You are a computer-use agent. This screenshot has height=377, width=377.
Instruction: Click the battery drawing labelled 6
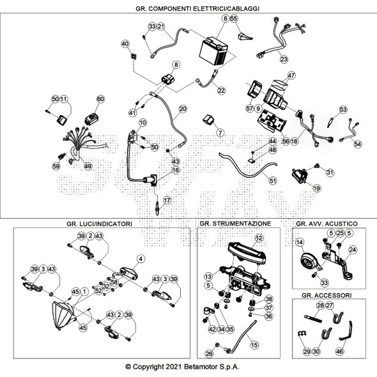[213, 51]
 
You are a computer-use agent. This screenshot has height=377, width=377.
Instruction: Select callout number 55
[234, 19]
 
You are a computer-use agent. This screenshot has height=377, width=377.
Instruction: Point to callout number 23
[284, 59]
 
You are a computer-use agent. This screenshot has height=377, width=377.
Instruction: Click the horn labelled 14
[309, 261]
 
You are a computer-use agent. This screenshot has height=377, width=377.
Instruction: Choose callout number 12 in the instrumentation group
[259, 238]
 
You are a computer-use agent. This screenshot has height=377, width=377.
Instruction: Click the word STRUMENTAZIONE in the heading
[242, 224]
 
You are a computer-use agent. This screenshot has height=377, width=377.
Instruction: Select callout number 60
[100, 99]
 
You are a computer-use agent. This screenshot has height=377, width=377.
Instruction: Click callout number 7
[220, 132]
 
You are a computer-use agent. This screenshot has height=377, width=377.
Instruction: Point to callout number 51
[272, 180]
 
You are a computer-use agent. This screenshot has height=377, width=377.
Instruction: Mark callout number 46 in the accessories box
[339, 351]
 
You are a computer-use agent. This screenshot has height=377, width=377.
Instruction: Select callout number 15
[254, 345]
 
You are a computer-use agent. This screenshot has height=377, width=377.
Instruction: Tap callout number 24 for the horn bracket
[353, 250]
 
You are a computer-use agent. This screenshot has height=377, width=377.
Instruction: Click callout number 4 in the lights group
[141, 259]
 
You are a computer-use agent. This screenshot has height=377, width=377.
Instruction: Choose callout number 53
[343, 109]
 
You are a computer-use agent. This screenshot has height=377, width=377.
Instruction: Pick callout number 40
[125, 43]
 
